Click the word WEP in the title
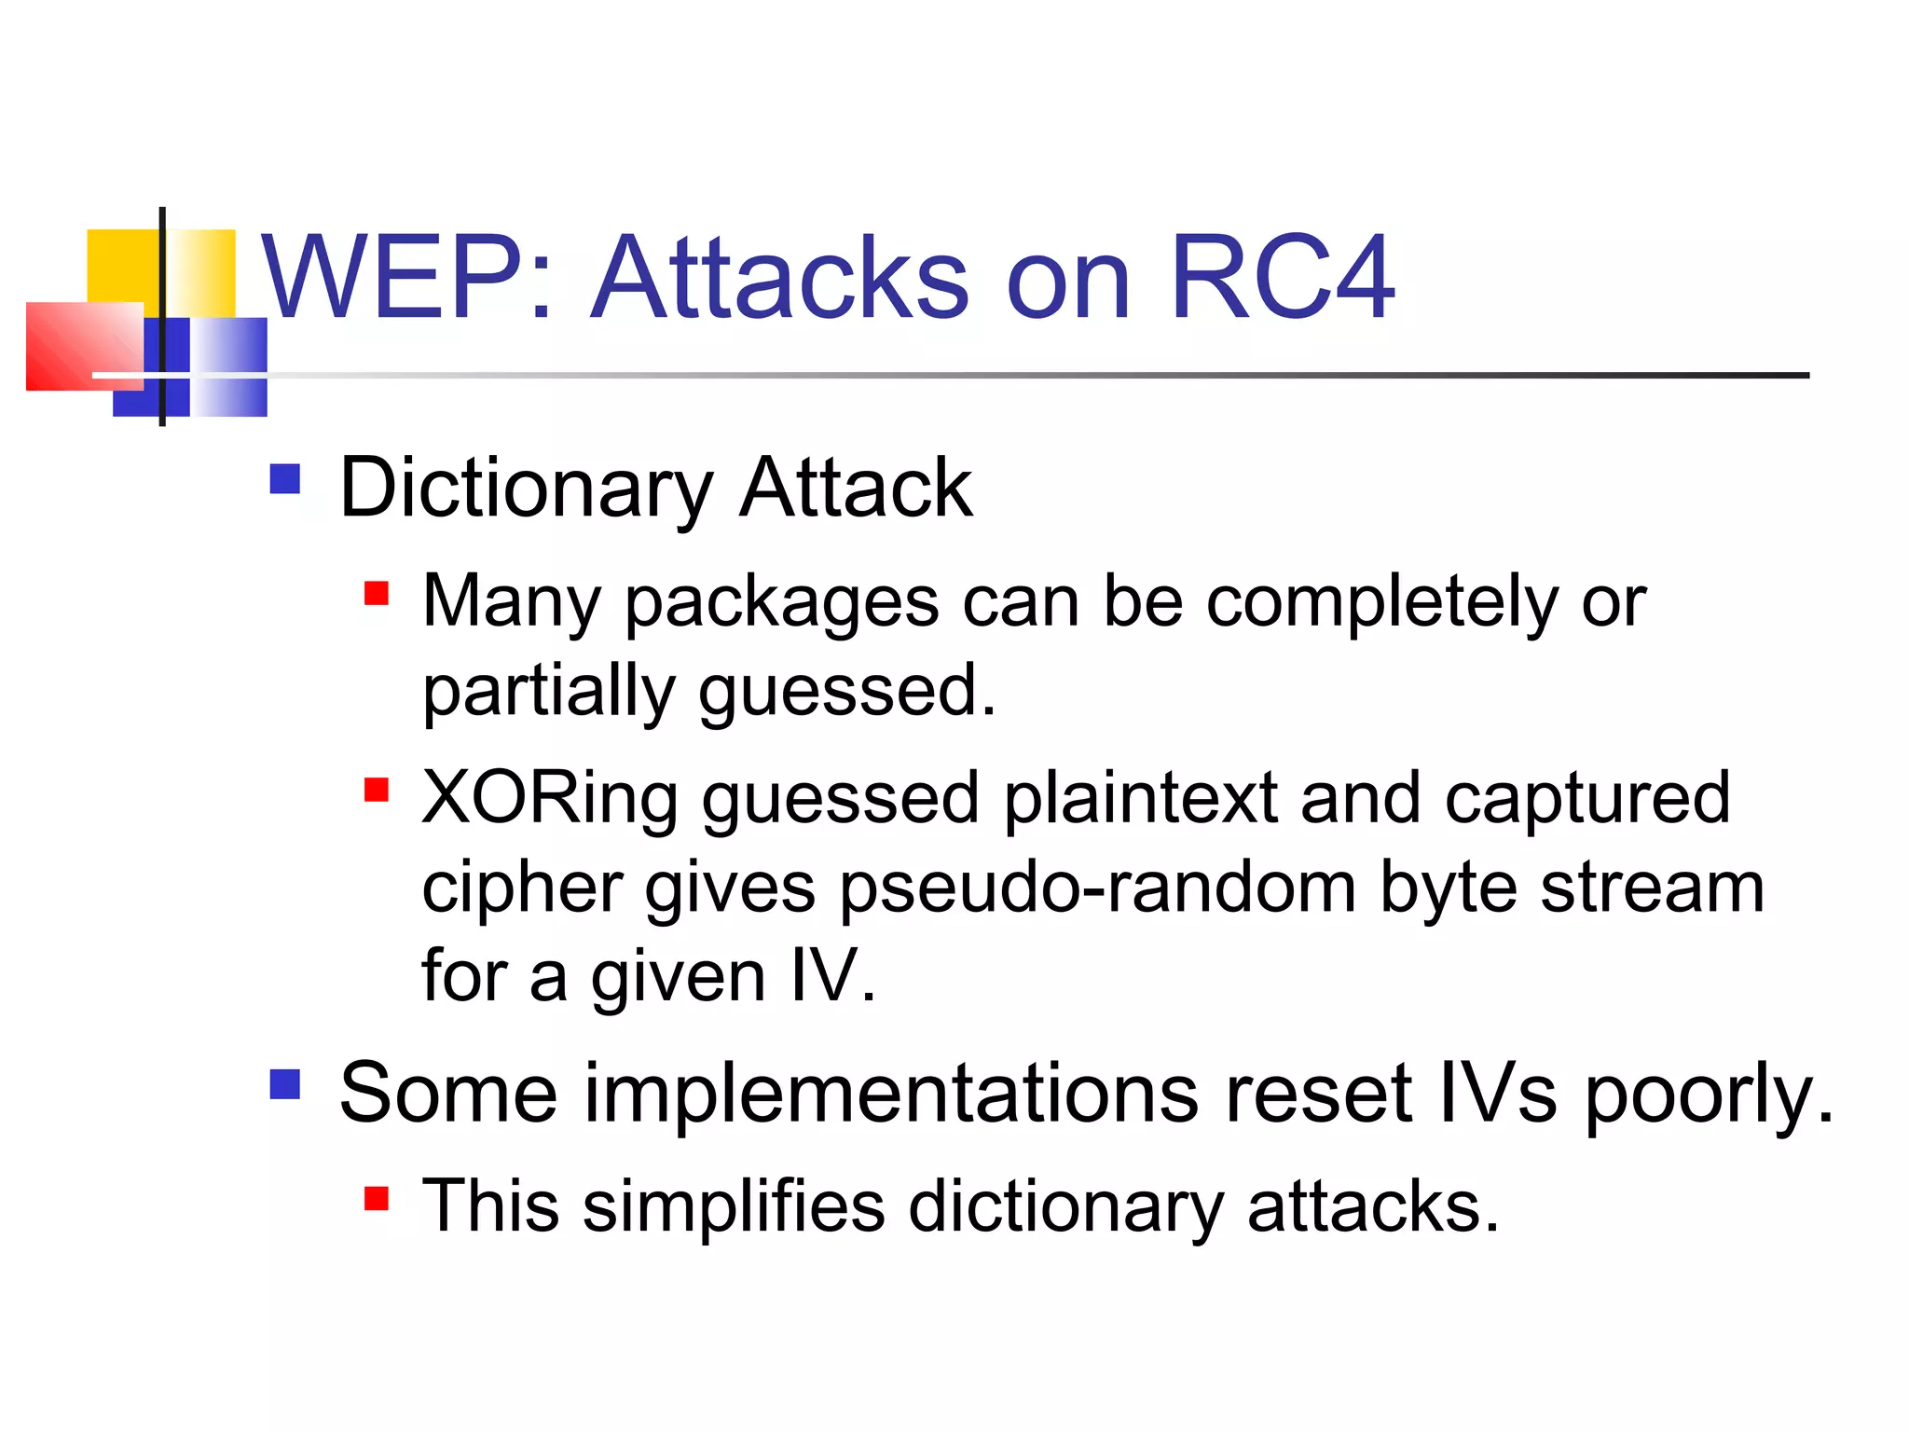391,277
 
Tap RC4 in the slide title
1282,277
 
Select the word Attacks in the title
781,277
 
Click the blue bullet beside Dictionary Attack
285,479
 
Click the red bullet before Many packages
377,593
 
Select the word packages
781,604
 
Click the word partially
548,692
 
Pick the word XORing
550,799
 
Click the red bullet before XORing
377,790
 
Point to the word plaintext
1139,799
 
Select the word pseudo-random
1098,888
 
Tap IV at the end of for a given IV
824,977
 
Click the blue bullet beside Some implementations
285,1084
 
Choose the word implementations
891,1094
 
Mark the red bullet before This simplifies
377,1197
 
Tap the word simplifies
733,1206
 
